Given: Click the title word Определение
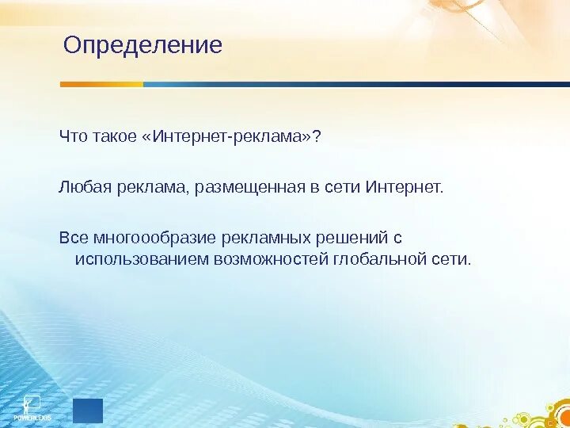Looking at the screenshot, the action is pyautogui.click(x=142, y=46).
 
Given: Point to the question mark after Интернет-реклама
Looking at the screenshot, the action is pyautogui.click(x=317, y=136).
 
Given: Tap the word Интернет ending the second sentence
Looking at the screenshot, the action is pyautogui.click(x=403, y=187).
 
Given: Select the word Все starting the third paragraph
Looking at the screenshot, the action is pyautogui.click(x=74, y=238).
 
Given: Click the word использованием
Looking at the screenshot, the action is pyautogui.click(x=142, y=259).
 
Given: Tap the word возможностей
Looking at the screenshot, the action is pyautogui.click(x=272, y=259).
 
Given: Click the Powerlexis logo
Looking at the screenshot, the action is pyautogui.click(x=32, y=408).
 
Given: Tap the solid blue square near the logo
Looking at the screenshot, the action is pyautogui.click(x=88, y=411).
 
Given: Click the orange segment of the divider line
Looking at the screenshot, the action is pyautogui.click(x=102, y=85).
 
